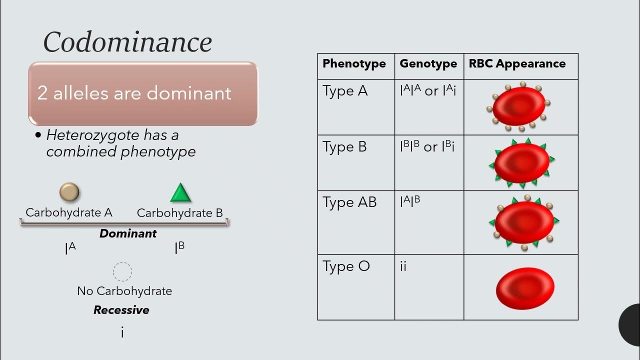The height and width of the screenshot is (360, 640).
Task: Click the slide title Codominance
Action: point(127,42)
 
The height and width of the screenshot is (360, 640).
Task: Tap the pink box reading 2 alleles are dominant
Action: point(143,93)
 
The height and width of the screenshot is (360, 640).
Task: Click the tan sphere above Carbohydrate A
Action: point(69,192)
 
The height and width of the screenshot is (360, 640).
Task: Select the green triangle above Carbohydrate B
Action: point(180,193)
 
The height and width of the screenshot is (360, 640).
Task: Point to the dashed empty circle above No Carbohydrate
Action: point(122,272)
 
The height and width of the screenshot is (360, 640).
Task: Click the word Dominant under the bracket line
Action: point(128,233)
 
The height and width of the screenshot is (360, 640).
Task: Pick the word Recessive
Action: point(121,310)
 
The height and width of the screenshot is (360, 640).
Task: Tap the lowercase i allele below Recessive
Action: point(122,332)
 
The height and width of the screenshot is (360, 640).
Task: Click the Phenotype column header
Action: point(354,64)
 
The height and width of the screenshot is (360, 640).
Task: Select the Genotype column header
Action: point(428,64)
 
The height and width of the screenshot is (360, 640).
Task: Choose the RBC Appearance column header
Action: point(517,64)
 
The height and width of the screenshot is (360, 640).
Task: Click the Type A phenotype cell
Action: point(345,91)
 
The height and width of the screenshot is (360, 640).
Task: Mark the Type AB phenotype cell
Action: point(349,202)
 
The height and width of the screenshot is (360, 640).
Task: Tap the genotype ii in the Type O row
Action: point(403,266)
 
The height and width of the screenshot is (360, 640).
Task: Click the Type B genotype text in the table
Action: point(427,147)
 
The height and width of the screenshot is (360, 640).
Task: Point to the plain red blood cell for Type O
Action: point(525,288)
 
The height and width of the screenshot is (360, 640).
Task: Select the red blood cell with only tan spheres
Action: point(519,106)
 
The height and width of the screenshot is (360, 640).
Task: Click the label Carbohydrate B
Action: point(179,213)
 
